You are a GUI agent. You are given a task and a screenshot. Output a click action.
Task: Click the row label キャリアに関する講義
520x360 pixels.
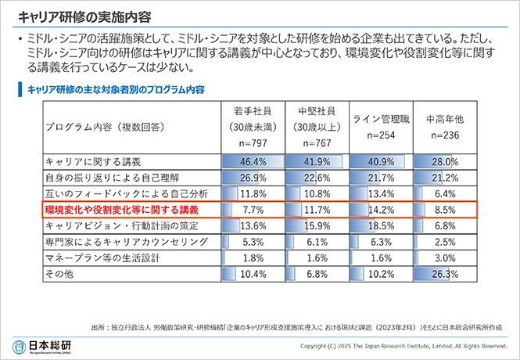[x=93, y=162]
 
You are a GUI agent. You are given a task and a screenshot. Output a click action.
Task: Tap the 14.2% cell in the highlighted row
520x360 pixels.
[x=379, y=211]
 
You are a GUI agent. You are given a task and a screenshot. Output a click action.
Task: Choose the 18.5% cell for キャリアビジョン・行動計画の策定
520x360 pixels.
[x=379, y=226]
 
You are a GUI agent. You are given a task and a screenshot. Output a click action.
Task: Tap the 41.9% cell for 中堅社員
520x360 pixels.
[x=316, y=162]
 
